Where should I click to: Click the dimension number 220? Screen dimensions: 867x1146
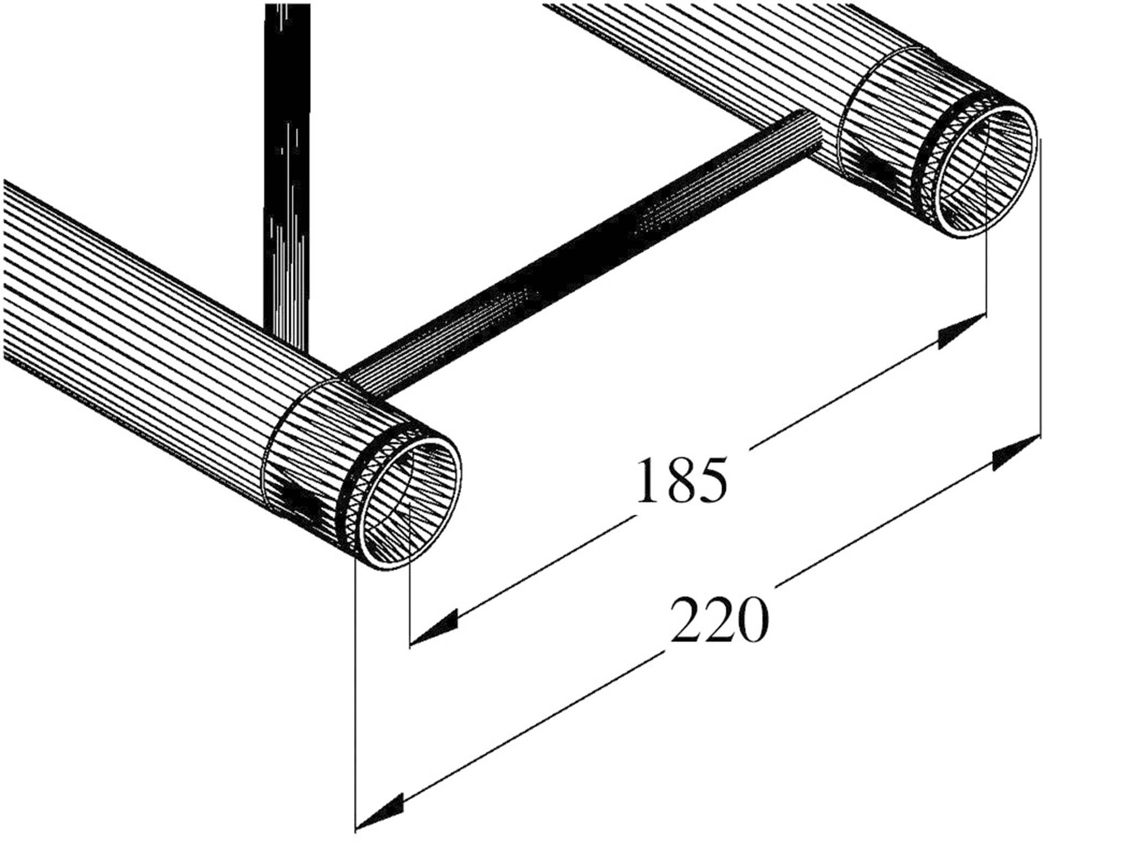click(719, 621)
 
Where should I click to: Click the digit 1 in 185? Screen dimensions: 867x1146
click(647, 480)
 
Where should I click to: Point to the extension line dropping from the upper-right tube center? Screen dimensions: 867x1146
click(987, 262)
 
